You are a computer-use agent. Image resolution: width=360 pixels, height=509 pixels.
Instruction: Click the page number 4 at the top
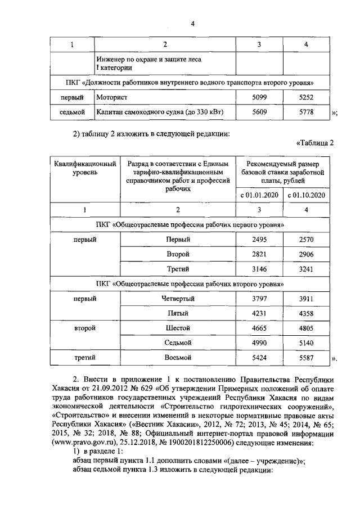(192, 23)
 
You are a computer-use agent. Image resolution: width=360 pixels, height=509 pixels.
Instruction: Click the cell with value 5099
(259, 97)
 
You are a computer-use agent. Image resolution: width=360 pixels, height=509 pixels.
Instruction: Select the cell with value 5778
(306, 112)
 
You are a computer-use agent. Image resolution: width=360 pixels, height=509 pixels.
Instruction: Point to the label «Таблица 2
(314, 143)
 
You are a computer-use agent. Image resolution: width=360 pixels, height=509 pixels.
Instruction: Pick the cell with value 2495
(259, 240)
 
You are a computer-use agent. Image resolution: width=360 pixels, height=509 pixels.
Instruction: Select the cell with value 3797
(259, 299)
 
